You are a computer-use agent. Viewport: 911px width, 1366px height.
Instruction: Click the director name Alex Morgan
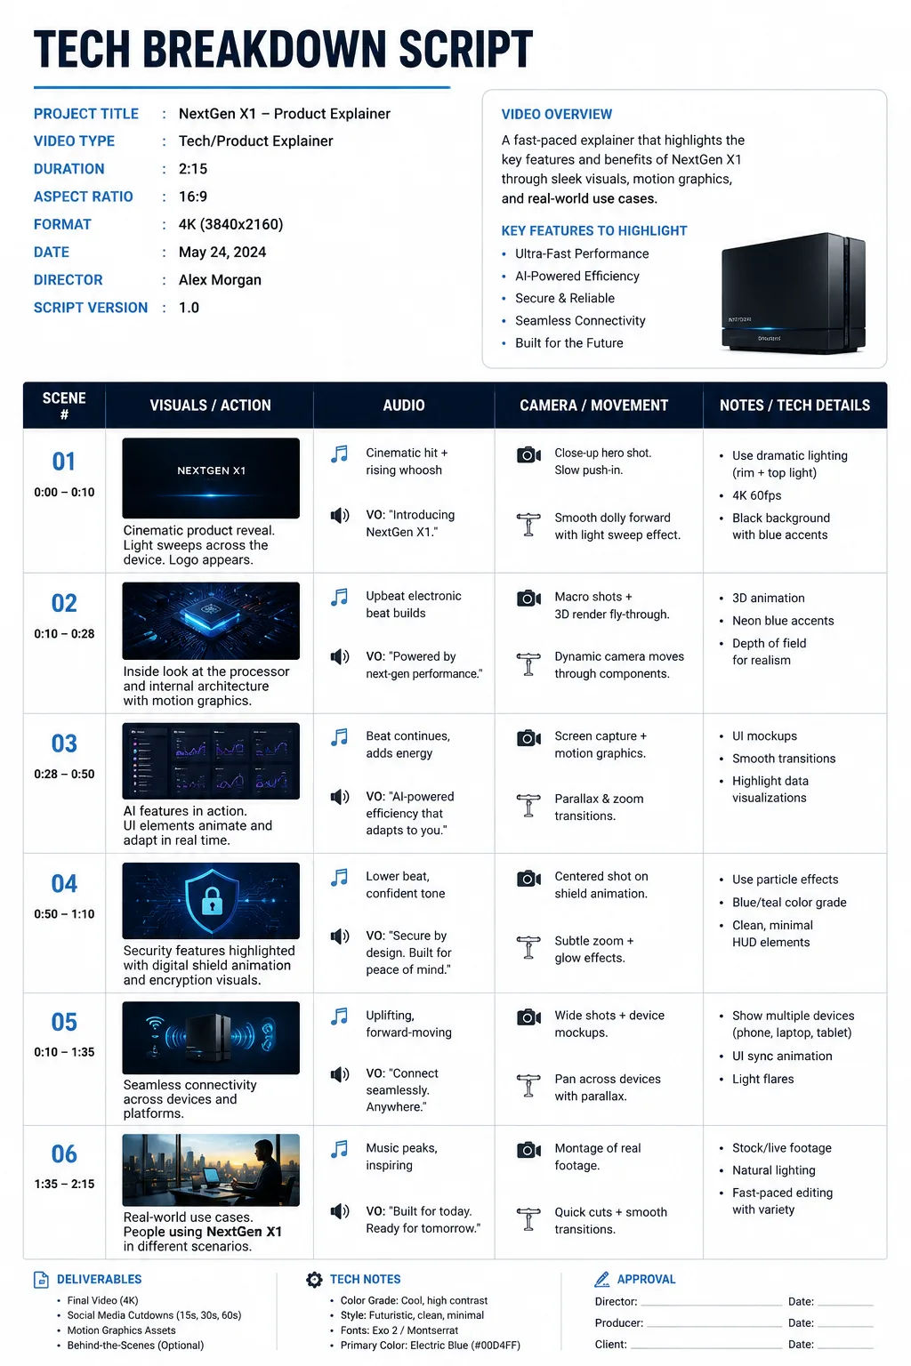pos(220,280)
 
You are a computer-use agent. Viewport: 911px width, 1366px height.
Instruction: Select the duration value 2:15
pos(193,169)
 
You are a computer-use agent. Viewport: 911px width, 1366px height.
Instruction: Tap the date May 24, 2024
pos(222,253)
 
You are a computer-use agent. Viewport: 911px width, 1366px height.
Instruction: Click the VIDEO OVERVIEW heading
pos(557,114)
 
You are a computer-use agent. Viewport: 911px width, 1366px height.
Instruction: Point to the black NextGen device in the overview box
pos(794,293)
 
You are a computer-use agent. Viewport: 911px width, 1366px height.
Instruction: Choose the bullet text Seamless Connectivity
pos(580,321)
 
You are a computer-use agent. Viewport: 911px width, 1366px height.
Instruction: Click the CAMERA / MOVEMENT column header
pos(593,406)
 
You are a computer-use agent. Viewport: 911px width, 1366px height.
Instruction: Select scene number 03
pos(64,744)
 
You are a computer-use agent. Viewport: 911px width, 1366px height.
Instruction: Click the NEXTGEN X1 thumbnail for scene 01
pos(211,478)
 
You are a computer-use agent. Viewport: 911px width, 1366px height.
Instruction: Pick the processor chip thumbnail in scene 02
pos(211,621)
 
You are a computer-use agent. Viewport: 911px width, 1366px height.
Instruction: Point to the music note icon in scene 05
pos(339,1016)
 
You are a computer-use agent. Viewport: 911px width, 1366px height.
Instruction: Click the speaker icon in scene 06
pos(339,1211)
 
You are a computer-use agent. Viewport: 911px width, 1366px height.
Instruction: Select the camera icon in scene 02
pos(528,599)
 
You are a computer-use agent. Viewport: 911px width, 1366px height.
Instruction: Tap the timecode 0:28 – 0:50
pos(64,775)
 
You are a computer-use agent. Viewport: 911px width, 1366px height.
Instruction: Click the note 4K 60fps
pos(756,495)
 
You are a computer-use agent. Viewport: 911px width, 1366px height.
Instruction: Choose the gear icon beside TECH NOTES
pos(314,1280)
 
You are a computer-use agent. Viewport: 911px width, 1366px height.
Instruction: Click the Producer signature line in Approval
pos(714,1326)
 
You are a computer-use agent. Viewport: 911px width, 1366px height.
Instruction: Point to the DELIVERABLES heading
pos(99,1280)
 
